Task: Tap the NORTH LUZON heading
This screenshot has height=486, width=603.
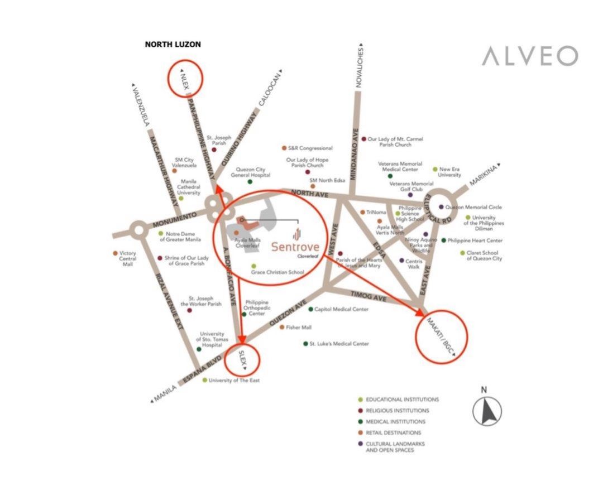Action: (173, 44)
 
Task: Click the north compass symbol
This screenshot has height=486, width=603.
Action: (487, 411)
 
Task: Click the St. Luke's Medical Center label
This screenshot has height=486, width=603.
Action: (339, 344)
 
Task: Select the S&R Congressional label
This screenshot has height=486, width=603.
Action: (310, 148)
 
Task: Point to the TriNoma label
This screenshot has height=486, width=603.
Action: (376, 212)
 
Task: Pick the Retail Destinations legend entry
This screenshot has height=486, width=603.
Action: (393, 433)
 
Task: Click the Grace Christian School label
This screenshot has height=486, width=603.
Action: (277, 272)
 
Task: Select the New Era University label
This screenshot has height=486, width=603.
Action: (450, 172)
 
